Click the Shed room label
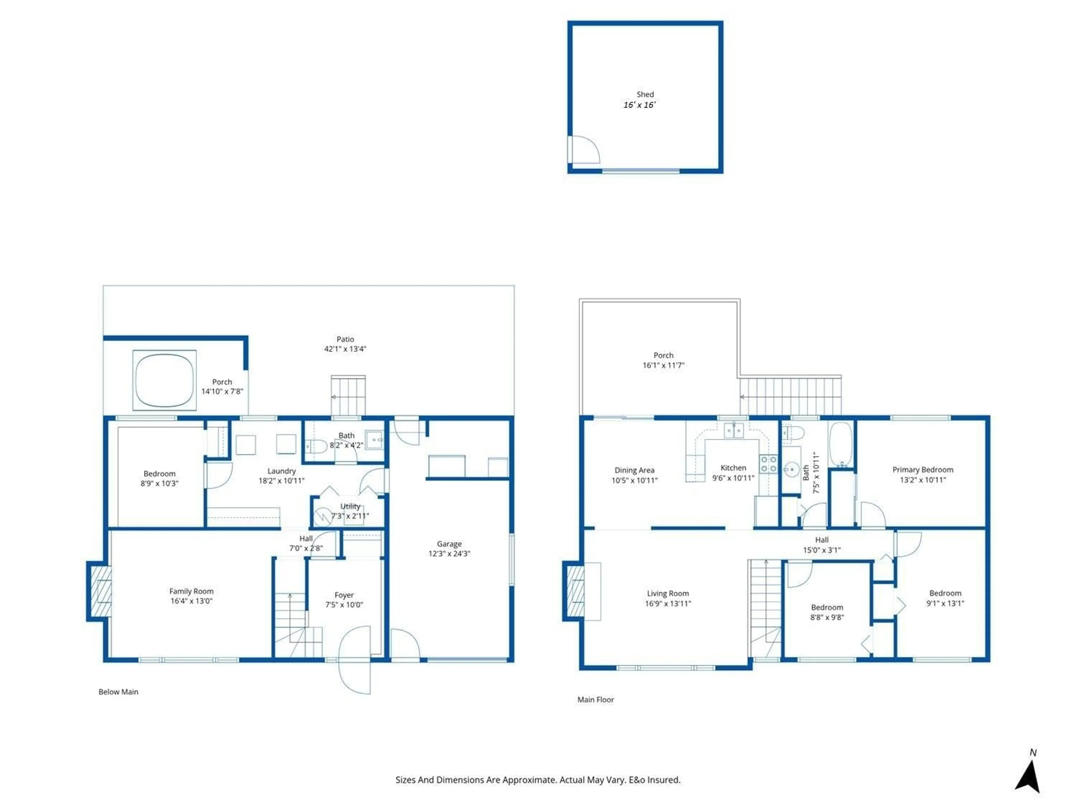click(645, 94)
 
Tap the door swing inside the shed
click(584, 150)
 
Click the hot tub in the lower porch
click(164, 380)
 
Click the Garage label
click(449, 544)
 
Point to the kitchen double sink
click(734, 430)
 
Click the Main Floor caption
click(595, 699)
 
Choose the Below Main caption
click(118, 692)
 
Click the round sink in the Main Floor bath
click(791, 469)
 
